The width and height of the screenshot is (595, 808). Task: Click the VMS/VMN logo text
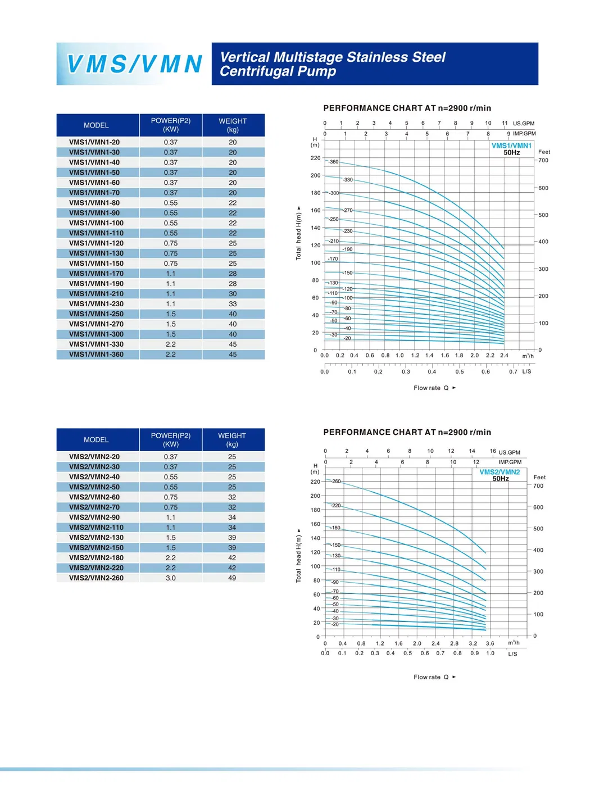pos(134,64)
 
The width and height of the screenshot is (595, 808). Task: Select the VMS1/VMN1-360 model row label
pos(96,355)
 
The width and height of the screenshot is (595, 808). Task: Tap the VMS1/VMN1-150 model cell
pos(96,264)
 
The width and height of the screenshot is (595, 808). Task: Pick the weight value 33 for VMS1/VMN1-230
pos(233,304)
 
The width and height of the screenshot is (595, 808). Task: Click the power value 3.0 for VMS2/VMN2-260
pos(171,578)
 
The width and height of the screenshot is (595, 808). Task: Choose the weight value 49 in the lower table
pos(232,578)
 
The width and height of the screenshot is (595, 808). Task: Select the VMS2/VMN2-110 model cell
pos(96,528)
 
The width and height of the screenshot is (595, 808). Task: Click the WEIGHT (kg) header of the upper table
pos(233,125)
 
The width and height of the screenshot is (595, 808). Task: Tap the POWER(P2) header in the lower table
pos(171,439)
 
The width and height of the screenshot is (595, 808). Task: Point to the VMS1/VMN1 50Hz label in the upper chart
pos(511,149)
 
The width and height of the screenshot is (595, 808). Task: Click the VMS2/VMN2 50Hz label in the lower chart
pos(499,475)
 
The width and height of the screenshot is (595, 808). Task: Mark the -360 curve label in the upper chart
pos(334,162)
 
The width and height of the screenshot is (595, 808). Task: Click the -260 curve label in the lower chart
pos(336,482)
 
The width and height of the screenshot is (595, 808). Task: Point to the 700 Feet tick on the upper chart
pos(543,161)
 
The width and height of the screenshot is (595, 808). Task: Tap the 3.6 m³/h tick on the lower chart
pos(490,643)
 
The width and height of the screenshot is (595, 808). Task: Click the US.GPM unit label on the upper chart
pos(524,124)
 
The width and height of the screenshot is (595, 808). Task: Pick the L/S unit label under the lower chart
pos(512,654)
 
